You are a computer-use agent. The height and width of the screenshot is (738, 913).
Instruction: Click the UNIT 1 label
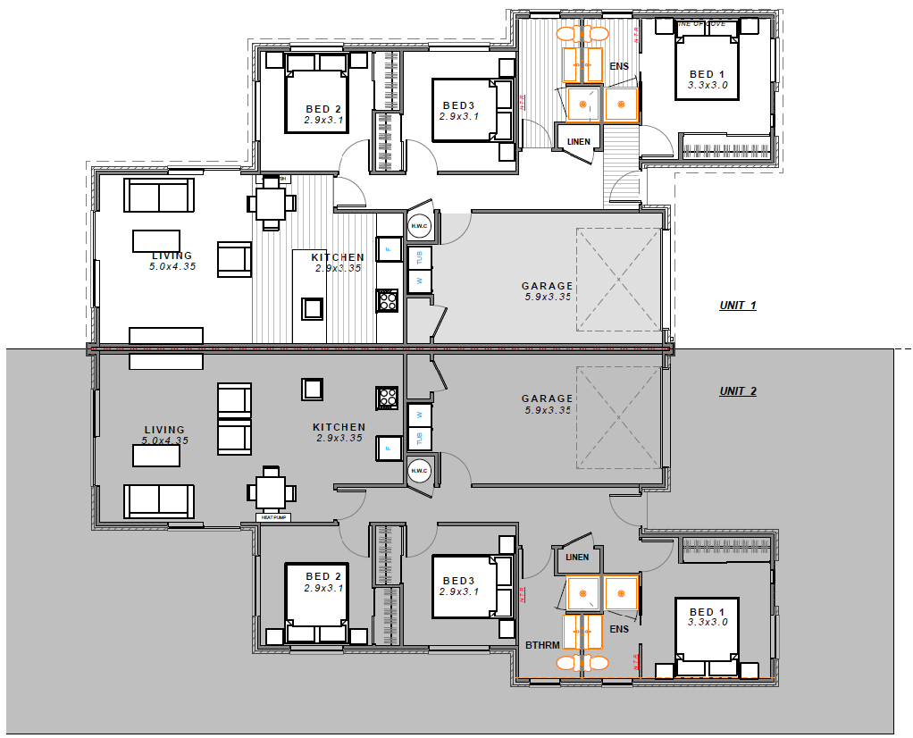click(x=738, y=306)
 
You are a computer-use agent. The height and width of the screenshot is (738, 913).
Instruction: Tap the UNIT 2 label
click(x=738, y=391)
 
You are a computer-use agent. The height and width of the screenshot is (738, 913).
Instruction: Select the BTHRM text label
click(x=542, y=644)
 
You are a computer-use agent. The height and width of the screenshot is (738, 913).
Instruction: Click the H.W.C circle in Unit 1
click(x=420, y=227)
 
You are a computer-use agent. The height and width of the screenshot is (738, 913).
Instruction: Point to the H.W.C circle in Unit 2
click(x=420, y=470)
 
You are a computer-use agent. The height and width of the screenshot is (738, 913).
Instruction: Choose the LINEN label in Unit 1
click(x=578, y=141)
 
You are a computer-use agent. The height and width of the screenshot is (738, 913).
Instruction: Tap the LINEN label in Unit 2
click(x=577, y=558)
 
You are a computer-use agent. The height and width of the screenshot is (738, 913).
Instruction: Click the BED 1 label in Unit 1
click(x=708, y=74)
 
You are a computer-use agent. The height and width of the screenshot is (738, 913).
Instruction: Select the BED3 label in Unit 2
click(x=459, y=580)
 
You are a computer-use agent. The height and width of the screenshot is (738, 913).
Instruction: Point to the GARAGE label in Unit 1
click(x=548, y=287)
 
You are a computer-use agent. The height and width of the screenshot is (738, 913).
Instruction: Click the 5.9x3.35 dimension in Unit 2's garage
click(x=548, y=410)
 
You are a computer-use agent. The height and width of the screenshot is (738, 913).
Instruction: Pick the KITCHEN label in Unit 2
click(x=339, y=427)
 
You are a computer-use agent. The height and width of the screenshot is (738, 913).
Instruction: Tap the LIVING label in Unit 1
click(x=172, y=256)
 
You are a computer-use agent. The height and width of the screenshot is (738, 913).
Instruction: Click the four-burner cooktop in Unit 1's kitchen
click(x=388, y=300)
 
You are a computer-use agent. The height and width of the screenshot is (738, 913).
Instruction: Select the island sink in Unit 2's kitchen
click(x=312, y=390)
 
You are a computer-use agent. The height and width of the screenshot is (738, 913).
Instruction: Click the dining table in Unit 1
click(x=271, y=203)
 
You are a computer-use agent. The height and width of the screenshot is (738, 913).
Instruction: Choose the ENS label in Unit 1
click(x=619, y=67)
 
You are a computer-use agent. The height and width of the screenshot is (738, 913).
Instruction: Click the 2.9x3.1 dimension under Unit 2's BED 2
click(x=323, y=589)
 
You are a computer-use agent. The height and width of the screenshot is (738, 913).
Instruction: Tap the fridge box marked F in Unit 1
click(x=389, y=248)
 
